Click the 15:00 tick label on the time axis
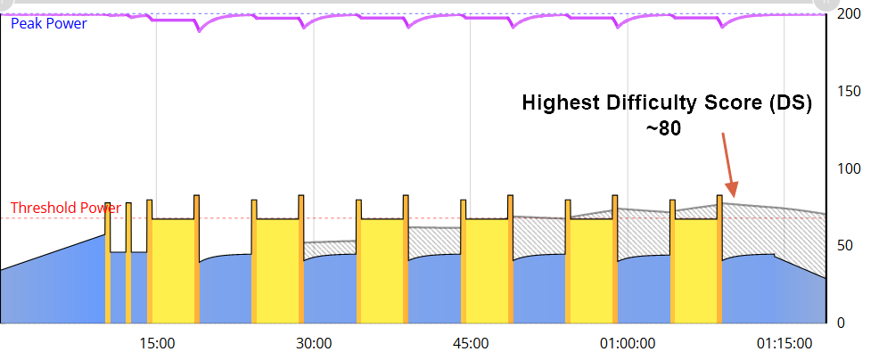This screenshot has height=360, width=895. (158, 343)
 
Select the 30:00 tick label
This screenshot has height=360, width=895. (315, 343)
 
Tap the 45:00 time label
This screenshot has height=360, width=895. (471, 343)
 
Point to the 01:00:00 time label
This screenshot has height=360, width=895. (628, 343)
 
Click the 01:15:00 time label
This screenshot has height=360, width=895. (784, 343)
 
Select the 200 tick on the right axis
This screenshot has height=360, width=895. (850, 14)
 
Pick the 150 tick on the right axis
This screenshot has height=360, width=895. (850, 92)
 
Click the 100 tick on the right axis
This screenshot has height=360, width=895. (850, 169)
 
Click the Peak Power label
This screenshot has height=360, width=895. (49, 24)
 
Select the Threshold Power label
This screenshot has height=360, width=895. (66, 209)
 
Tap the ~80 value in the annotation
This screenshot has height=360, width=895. (663, 128)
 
